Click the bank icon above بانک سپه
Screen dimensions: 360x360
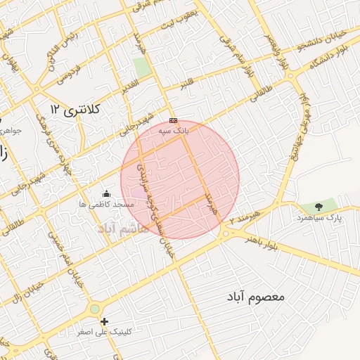tap(174, 120)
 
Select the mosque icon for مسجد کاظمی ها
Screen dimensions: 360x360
tap(106, 193)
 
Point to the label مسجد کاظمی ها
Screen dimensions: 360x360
tap(107, 204)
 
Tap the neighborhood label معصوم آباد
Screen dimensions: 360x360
tap(256, 297)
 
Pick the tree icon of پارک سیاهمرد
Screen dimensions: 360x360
tap(319, 207)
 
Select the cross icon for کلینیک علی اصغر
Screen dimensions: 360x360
tap(105, 321)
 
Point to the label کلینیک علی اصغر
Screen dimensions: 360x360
tap(108, 332)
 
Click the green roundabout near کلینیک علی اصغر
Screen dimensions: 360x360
tap(94, 309)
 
